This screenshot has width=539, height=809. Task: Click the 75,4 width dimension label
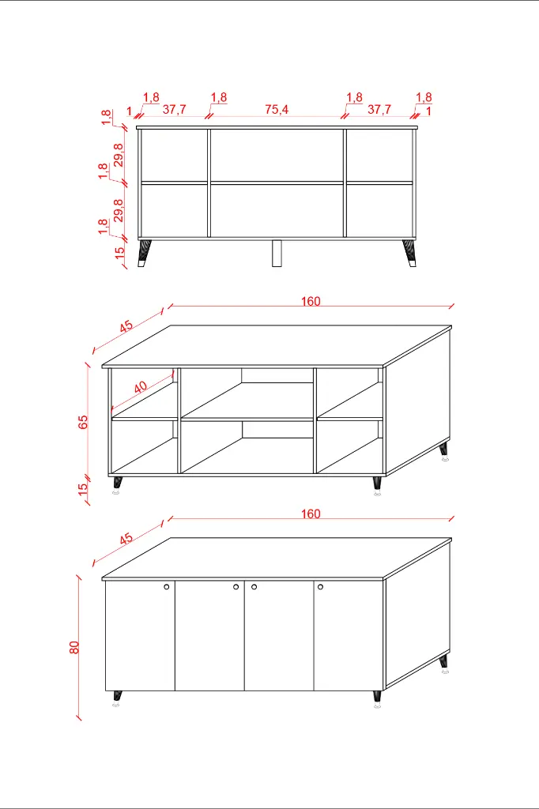(277, 109)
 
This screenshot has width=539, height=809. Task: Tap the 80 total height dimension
(74, 647)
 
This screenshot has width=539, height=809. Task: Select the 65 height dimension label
(83, 422)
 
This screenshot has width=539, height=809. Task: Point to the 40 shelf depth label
(141, 387)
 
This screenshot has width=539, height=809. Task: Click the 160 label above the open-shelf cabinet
(311, 301)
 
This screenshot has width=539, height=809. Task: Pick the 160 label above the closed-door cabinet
(311, 514)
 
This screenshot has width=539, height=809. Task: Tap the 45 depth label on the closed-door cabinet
(126, 539)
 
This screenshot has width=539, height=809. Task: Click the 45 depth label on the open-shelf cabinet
(126, 326)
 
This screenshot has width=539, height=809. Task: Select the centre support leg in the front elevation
(277, 253)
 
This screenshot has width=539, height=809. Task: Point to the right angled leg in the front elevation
(409, 253)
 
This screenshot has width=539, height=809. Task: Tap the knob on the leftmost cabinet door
(167, 587)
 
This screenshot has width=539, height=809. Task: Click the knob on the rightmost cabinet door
(321, 587)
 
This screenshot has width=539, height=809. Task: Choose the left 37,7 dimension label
(174, 109)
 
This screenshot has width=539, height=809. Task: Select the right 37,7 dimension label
(379, 109)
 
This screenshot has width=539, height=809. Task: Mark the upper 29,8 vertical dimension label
(119, 155)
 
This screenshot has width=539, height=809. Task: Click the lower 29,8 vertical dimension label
(119, 210)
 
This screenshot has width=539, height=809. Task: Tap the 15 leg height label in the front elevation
(120, 253)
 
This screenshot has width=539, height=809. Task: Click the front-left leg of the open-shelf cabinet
(117, 486)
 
